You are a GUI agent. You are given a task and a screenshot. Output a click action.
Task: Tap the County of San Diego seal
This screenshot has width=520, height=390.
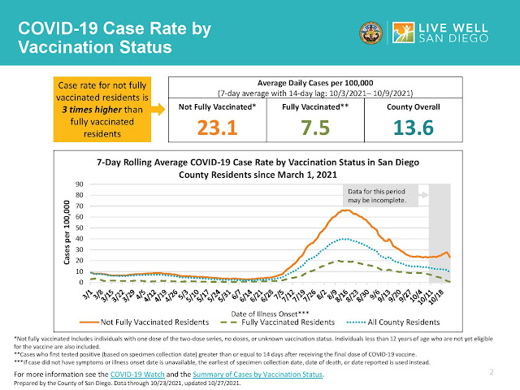(369, 33)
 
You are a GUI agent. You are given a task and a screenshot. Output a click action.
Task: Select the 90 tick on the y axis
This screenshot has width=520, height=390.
(80, 184)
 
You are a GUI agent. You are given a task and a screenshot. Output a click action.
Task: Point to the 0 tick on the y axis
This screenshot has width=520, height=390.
(82, 280)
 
